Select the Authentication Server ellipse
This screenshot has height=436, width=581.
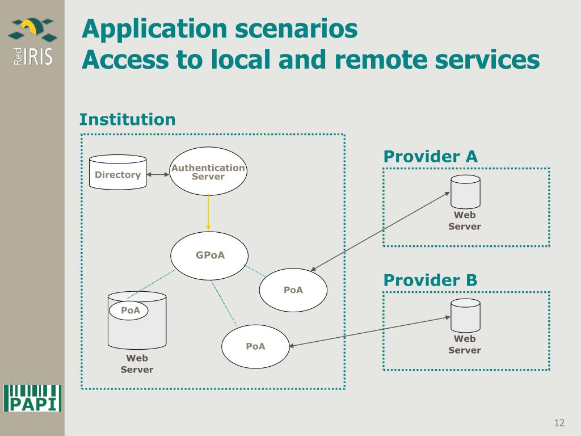point(208,171)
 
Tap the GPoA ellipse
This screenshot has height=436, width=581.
point(210,255)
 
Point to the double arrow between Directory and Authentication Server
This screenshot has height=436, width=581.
point(158,174)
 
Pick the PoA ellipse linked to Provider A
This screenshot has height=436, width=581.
point(293,290)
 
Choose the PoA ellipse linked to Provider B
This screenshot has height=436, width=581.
point(255,346)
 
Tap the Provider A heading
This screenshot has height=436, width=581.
point(430,157)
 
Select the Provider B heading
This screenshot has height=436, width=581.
point(430,280)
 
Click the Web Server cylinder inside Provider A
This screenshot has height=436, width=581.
point(465,192)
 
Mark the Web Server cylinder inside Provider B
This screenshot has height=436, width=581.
point(465,316)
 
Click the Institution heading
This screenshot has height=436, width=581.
point(127,120)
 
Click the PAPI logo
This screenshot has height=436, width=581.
point(32,398)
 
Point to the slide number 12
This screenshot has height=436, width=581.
point(559,423)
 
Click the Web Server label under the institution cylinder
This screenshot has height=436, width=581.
point(137,364)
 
